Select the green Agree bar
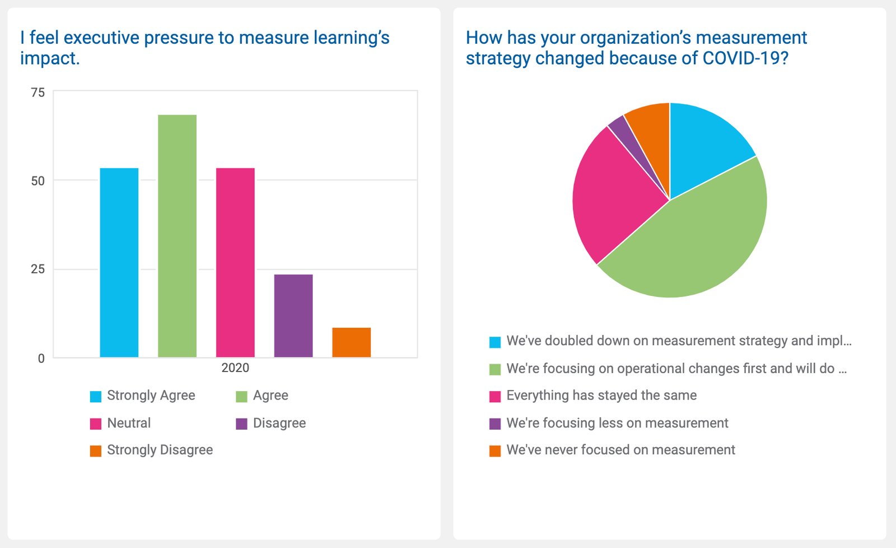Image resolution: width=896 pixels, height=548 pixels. pyautogui.click(x=177, y=235)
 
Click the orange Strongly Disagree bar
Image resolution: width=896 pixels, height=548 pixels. pyautogui.click(x=351, y=342)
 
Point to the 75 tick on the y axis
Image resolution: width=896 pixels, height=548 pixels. pyautogui.click(x=38, y=92)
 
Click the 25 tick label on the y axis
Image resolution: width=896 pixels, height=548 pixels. pyautogui.click(x=38, y=270)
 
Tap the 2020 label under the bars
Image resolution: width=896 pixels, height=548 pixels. pyautogui.click(x=235, y=368)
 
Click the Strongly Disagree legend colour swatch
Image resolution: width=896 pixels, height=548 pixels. pyautogui.click(x=96, y=451)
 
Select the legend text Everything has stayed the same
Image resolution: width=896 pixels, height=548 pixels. pyautogui.click(x=601, y=396)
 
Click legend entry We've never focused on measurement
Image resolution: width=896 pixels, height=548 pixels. pyautogui.click(x=620, y=450)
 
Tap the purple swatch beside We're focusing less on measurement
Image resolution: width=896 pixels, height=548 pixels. pyautogui.click(x=495, y=424)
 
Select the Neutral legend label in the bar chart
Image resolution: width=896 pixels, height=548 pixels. pyautogui.click(x=129, y=423)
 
